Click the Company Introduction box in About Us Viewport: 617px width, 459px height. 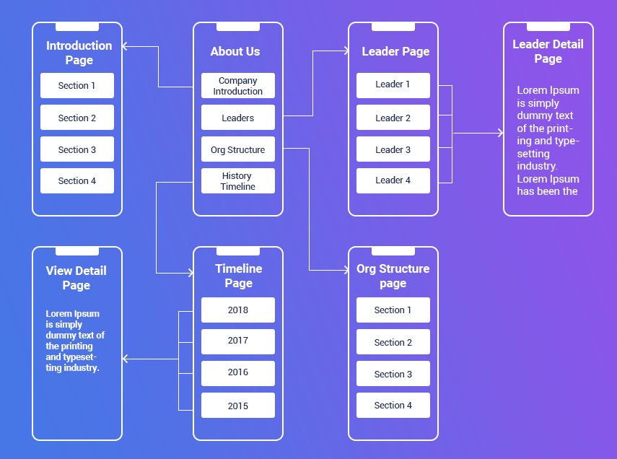238,85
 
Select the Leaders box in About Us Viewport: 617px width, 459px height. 238,118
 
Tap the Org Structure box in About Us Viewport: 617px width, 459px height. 238,149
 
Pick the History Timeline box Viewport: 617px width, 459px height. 238,180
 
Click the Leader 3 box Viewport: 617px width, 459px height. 393,149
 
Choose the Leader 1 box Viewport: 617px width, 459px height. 393,85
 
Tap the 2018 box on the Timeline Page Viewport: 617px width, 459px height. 238,310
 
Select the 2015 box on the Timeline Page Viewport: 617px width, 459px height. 238,405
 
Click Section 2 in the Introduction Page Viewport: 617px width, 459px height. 77,118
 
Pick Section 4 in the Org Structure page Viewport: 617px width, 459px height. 393,405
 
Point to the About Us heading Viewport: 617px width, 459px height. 235,51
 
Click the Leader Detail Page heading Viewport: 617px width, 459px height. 548,51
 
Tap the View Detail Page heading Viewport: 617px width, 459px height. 76,278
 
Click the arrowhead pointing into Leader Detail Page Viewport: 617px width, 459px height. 501,133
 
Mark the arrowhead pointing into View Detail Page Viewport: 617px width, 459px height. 125,359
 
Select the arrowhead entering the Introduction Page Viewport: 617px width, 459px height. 125,46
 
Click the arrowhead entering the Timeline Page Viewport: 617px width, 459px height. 191,273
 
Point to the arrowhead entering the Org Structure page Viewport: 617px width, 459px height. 346,270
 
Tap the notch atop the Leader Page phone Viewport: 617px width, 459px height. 393,27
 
